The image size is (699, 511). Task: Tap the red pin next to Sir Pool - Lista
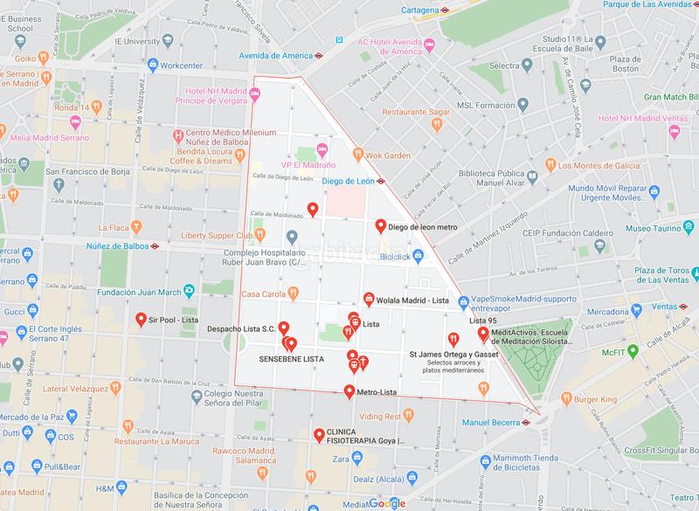tap(142, 321)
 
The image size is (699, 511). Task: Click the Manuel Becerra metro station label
tap(492, 423)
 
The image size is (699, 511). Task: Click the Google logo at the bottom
tap(385, 502)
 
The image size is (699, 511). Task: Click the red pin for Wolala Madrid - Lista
tap(369, 298)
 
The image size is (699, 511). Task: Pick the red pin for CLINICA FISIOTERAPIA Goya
tap(317, 434)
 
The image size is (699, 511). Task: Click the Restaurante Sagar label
tap(417, 112)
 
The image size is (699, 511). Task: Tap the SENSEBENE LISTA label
tap(292, 359)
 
